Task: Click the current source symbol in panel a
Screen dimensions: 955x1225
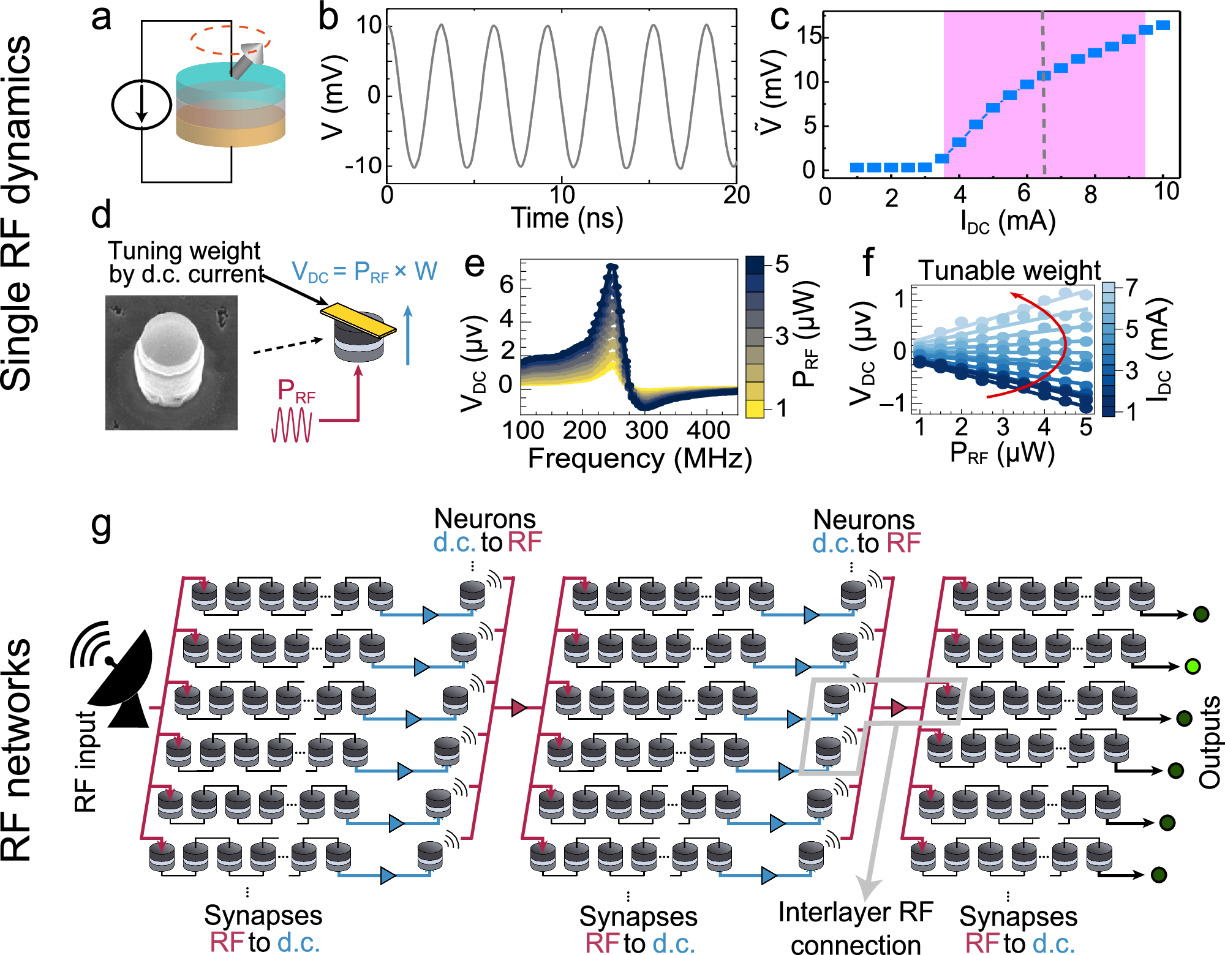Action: [x=141, y=104]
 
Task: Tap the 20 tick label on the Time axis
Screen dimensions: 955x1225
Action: [x=736, y=195]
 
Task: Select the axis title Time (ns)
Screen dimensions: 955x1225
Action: [x=567, y=218]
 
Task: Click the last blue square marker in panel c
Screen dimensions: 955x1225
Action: [x=1163, y=25]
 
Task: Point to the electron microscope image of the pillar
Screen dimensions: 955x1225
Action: [x=171, y=362]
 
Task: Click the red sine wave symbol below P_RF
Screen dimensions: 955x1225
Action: [x=292, y=424]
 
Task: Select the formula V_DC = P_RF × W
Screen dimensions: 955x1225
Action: [x=364, y=271]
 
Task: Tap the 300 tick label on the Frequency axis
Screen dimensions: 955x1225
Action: [x=646, y=430]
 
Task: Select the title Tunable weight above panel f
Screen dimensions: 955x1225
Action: [x=1009, y=270]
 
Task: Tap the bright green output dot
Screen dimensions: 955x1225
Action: [x=1192, y=666]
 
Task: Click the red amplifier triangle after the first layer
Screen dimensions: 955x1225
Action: [x=519, y=708]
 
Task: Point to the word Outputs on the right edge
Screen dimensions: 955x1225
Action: [x=1210, y=742]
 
